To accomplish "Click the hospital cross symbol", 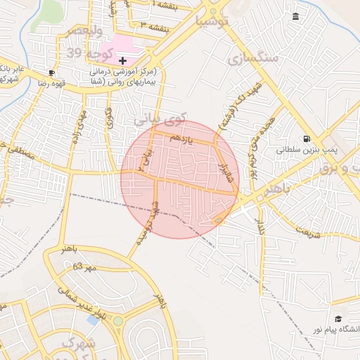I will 122,61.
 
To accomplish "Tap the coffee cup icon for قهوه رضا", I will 51,73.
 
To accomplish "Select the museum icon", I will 294,17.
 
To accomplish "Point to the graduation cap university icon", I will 337,319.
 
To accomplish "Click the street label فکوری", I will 109,117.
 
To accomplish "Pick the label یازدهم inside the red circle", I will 179,139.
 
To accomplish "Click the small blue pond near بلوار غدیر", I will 93,320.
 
